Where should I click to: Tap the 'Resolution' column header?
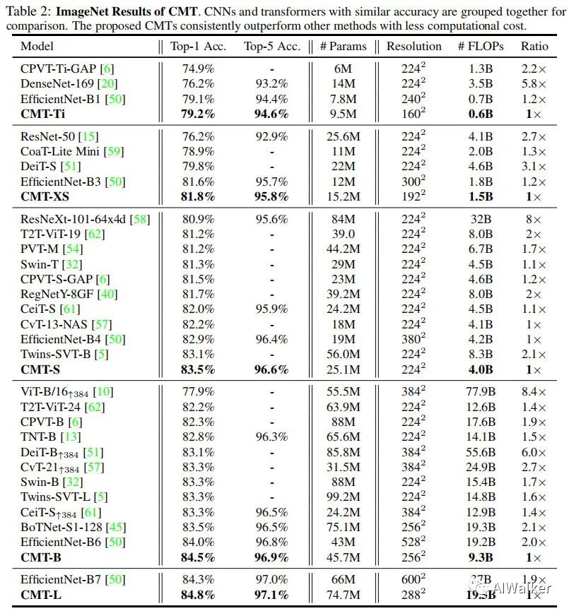click(x=413, y=47)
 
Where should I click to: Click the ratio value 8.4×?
click(x=534, y=392)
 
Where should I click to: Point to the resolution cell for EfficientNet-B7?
click(x=413, y=579)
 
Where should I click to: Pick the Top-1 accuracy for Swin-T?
click(x=198, y=264)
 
